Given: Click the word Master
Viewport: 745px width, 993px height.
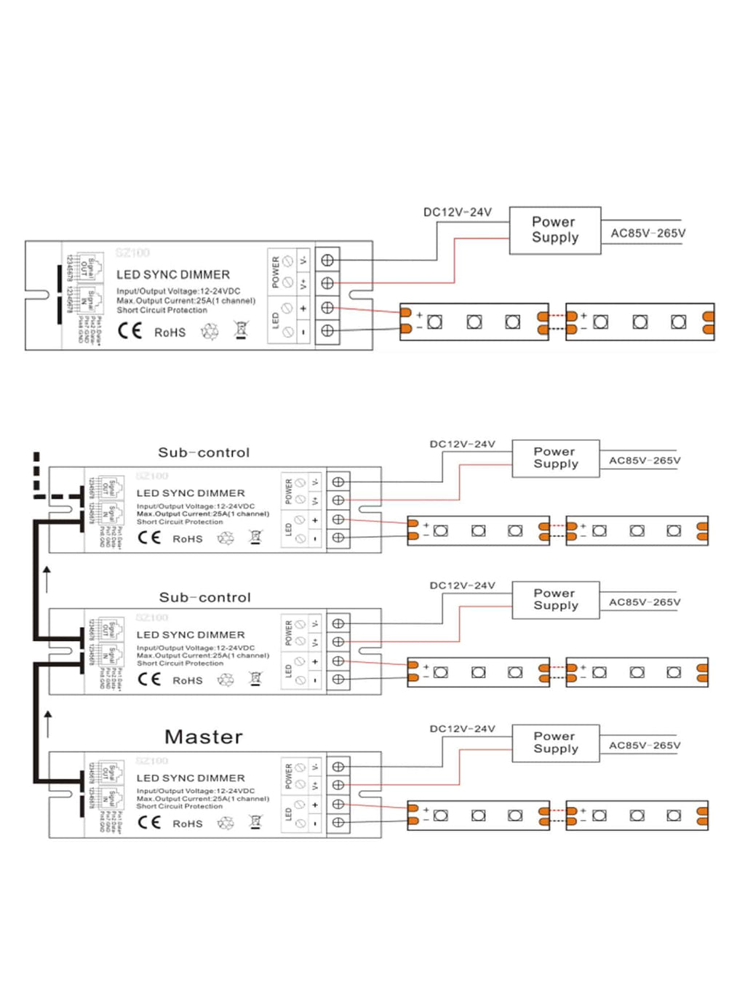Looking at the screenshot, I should click(204, 737).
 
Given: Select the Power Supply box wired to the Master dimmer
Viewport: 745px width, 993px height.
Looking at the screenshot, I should click(556, 743).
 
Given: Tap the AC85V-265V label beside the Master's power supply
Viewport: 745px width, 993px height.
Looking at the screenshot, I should click(645, 746).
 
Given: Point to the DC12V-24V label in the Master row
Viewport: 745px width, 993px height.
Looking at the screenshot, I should click(462, 729).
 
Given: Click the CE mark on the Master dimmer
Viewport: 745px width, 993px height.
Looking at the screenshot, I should click(149, 822).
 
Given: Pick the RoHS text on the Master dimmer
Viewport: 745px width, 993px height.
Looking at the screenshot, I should click(187, 823).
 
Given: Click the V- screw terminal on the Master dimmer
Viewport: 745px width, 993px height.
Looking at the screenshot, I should click(338, 767).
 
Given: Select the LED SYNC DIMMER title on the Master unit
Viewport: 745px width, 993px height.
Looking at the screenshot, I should click(191, 778).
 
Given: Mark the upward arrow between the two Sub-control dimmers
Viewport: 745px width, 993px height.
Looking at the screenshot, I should click(47, 578).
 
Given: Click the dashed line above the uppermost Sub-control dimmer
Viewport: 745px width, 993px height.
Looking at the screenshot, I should click(36, 473).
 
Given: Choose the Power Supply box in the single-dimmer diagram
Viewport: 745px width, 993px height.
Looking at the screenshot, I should click(555, 230).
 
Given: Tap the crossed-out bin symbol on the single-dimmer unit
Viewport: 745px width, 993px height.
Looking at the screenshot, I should click(242, 330).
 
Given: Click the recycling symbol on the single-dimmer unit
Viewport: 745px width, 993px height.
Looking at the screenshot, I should click(210, 332).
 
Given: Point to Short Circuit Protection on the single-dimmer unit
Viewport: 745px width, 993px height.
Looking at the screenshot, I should click(162, 310).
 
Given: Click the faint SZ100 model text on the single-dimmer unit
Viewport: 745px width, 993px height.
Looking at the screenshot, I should click(132, 252).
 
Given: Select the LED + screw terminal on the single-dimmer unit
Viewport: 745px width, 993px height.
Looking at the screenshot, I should click(327, 308).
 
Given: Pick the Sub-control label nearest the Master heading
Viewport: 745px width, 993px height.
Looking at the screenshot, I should click(204, 597).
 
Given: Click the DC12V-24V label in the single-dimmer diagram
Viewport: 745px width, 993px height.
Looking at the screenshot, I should click(458, 212).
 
